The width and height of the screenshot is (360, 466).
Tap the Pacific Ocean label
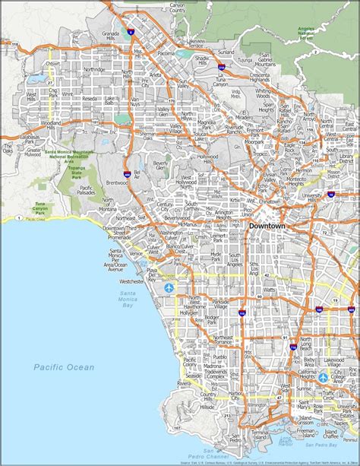(65, 367)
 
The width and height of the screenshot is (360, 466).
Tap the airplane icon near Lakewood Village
(324, 378)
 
